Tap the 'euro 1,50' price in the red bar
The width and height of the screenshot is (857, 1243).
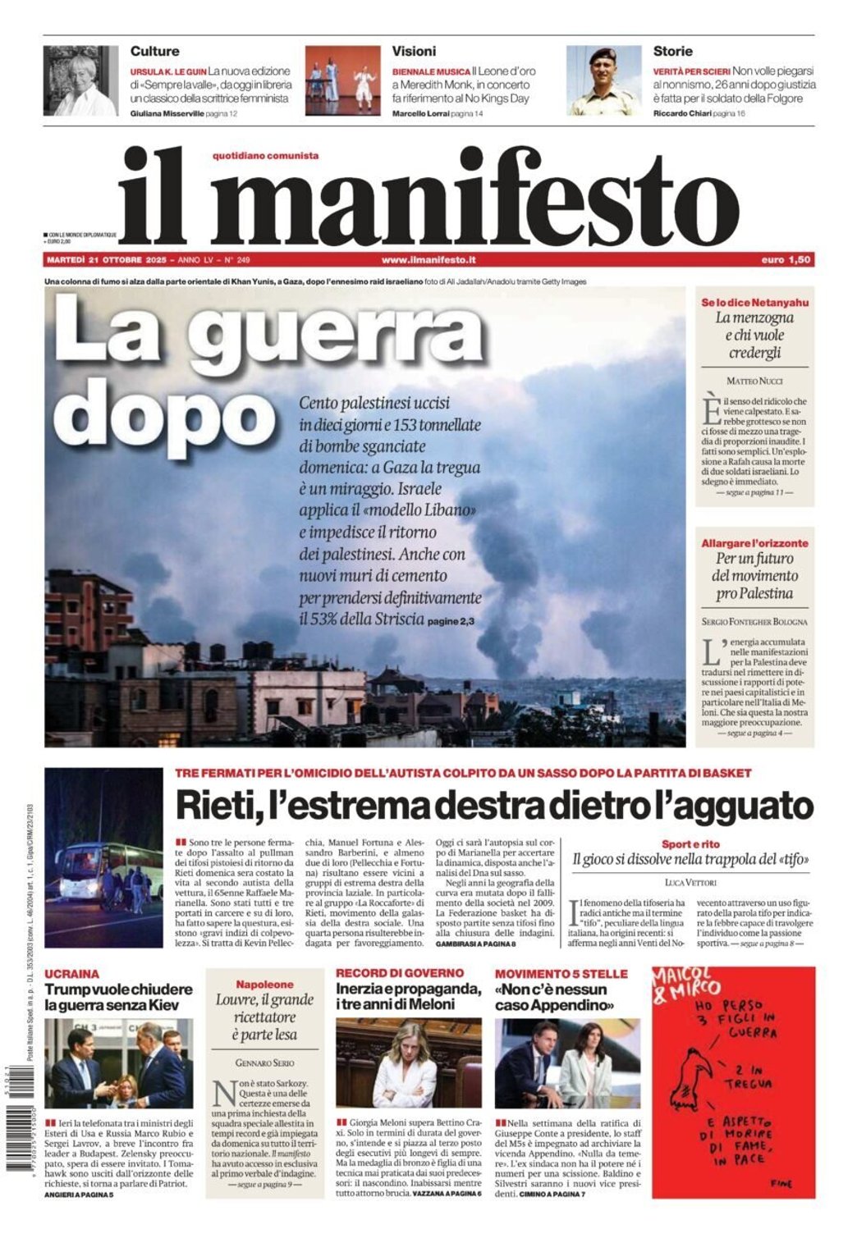[786, 259]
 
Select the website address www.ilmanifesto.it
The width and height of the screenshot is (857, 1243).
[428, 259]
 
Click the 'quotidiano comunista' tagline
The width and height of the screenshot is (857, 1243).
[265, 155]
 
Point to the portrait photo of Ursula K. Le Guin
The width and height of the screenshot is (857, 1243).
[80, 80]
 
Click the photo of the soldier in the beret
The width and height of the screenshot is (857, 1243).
[603, 80]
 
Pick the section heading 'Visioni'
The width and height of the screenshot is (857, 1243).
[414, 51]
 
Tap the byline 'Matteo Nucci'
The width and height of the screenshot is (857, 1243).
[754, 381]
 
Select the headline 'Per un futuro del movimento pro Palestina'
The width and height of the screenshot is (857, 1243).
[754, 575]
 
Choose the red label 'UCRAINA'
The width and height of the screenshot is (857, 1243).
[72, 974]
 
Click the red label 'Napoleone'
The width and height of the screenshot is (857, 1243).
[264, 984]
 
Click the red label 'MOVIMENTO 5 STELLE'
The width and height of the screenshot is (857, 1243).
[561, 974]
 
